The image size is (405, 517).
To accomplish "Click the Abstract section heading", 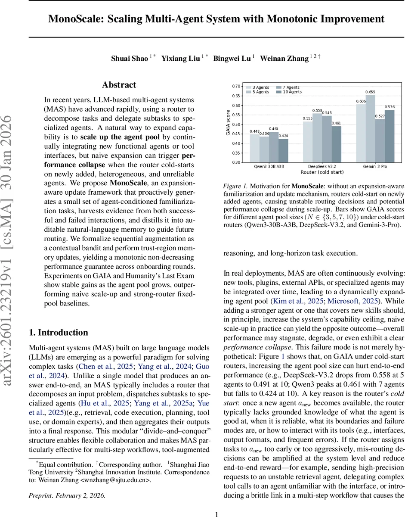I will point(119,85).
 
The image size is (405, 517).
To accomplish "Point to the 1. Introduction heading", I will point(58,320).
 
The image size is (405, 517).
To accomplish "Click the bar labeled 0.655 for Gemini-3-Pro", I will point(370,128).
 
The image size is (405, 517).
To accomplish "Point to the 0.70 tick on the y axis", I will point(235,86).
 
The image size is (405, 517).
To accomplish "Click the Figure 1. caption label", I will point(235,186).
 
